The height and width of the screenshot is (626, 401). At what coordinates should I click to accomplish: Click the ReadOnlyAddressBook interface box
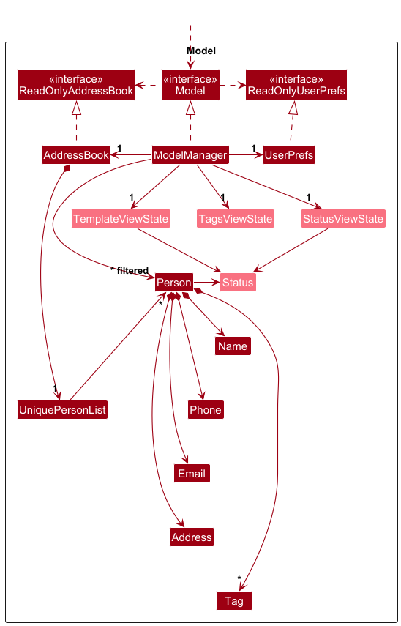pos(76,85)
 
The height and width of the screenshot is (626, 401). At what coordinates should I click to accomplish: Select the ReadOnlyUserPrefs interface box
pos(296,85)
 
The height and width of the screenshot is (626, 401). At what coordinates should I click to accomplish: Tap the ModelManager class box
pos(190,155)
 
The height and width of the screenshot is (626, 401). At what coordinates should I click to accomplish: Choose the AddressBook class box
pos(76,155)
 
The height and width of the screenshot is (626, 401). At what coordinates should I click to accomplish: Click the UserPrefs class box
pos(289,155)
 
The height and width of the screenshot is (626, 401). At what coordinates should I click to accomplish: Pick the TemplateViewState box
pos(121,219)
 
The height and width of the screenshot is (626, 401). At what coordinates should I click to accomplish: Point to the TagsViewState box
pos(236,219)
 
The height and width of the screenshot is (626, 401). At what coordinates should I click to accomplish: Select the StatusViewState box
pos(343,219)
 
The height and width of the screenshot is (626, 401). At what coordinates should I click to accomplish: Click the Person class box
pos(174,283)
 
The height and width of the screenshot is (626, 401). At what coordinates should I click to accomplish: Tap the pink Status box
pos(238,283)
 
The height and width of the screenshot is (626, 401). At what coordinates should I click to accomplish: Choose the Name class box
pos(233,346)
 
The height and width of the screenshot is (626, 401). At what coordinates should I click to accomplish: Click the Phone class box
pos(206,409)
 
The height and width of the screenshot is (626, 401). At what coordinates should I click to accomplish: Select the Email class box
pos(192,474)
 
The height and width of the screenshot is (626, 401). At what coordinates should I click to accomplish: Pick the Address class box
pos(192,537)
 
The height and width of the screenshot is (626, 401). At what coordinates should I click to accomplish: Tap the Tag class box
pos(234,601)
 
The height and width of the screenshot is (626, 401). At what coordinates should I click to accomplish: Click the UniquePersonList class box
pos(62,409)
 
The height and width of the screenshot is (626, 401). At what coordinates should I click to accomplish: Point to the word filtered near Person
pos(132,271)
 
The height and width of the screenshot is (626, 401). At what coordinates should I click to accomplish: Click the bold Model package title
pos(201,51)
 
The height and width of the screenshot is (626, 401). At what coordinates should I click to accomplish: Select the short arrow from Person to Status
pos(206,283)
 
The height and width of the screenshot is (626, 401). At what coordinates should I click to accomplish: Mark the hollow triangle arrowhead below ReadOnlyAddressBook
pos(76,108)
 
